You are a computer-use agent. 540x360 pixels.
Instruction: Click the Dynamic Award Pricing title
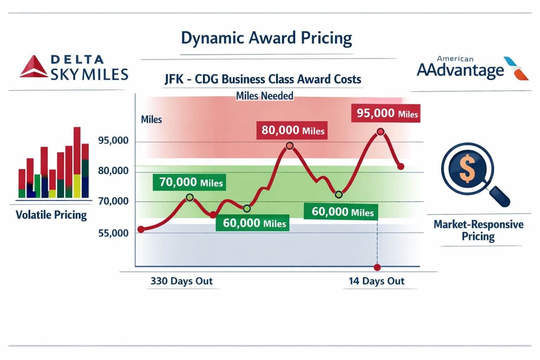266,38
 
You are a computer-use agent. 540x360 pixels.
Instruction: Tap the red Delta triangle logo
34,67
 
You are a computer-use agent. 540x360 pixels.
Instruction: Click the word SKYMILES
89,75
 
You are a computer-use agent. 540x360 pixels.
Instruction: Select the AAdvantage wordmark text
460,70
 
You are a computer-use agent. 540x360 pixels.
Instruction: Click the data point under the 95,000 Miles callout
380,132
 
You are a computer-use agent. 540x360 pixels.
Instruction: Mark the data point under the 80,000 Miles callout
289,146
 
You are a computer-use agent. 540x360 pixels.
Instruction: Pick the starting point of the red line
141,230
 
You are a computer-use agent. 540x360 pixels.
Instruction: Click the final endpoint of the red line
400,167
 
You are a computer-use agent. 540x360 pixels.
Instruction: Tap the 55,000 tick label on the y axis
113,233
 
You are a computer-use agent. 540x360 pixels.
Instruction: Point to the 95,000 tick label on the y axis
113,141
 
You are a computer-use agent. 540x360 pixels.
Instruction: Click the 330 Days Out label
181,281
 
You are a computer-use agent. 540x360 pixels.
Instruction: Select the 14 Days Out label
377,281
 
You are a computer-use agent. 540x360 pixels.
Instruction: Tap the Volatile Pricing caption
51,215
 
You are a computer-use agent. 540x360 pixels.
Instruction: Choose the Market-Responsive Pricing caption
478,230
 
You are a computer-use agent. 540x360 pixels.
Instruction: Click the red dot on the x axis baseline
377,268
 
